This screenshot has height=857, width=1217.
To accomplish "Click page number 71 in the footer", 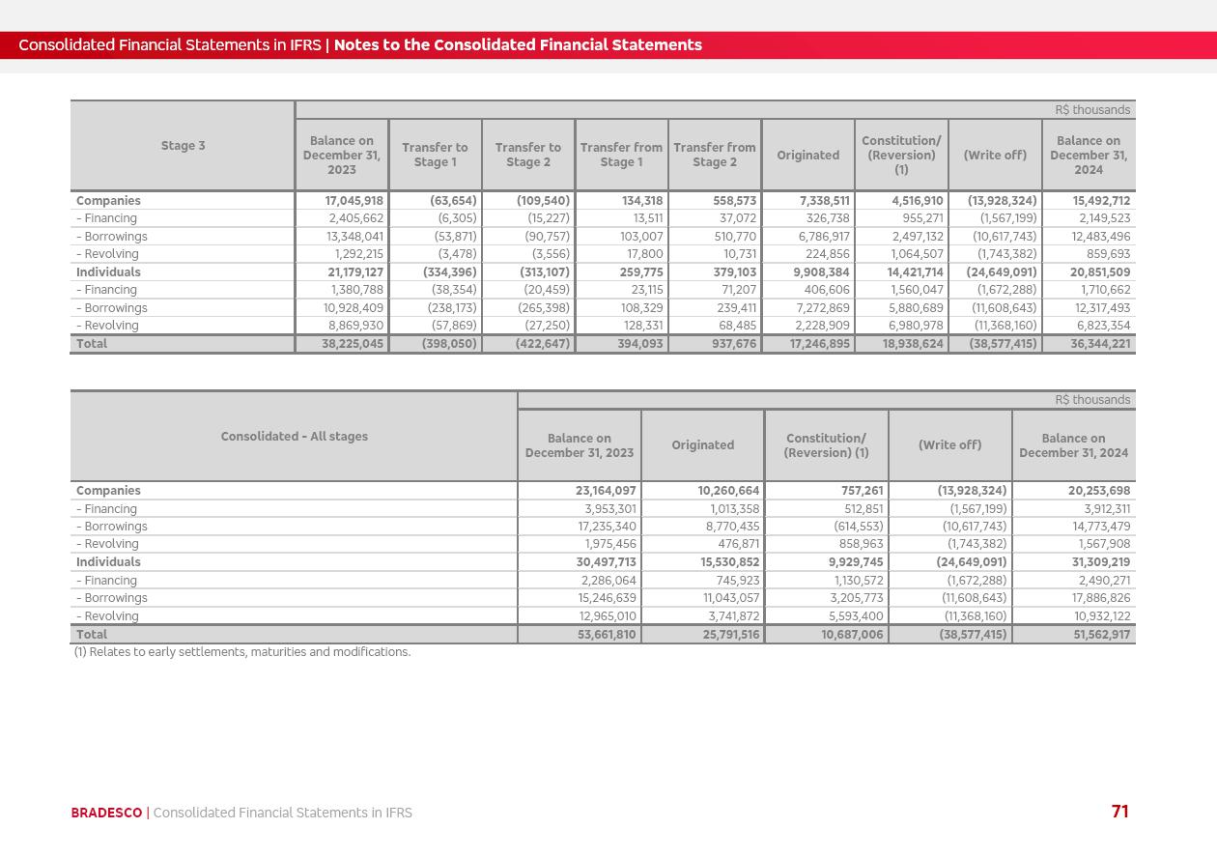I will [1119, 812].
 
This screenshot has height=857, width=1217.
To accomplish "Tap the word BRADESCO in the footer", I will [106, 813].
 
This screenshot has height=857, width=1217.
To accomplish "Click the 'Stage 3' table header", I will [183, 146].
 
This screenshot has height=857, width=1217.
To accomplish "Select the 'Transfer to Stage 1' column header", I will [435, 155].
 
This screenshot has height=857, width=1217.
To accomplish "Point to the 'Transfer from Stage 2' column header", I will [714, 155].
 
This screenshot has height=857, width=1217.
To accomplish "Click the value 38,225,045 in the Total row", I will [353, 344].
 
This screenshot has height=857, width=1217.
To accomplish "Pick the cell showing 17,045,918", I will [354, 201].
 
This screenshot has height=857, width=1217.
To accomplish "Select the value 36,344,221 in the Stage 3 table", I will [1100, 344].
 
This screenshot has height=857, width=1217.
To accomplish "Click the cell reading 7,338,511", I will [822, 201].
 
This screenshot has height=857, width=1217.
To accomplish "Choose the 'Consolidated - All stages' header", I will [294, 437].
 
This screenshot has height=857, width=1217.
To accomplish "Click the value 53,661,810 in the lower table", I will [607, 635].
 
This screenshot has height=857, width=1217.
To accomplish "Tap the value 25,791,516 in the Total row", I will [728, 635].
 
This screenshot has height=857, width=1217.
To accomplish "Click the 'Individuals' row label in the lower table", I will [108, 562].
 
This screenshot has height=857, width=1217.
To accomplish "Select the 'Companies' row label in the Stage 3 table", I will [108, 201].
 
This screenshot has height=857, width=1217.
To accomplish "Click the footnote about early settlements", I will [242, 652].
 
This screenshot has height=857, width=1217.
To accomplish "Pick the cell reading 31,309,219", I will [1099, 562].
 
